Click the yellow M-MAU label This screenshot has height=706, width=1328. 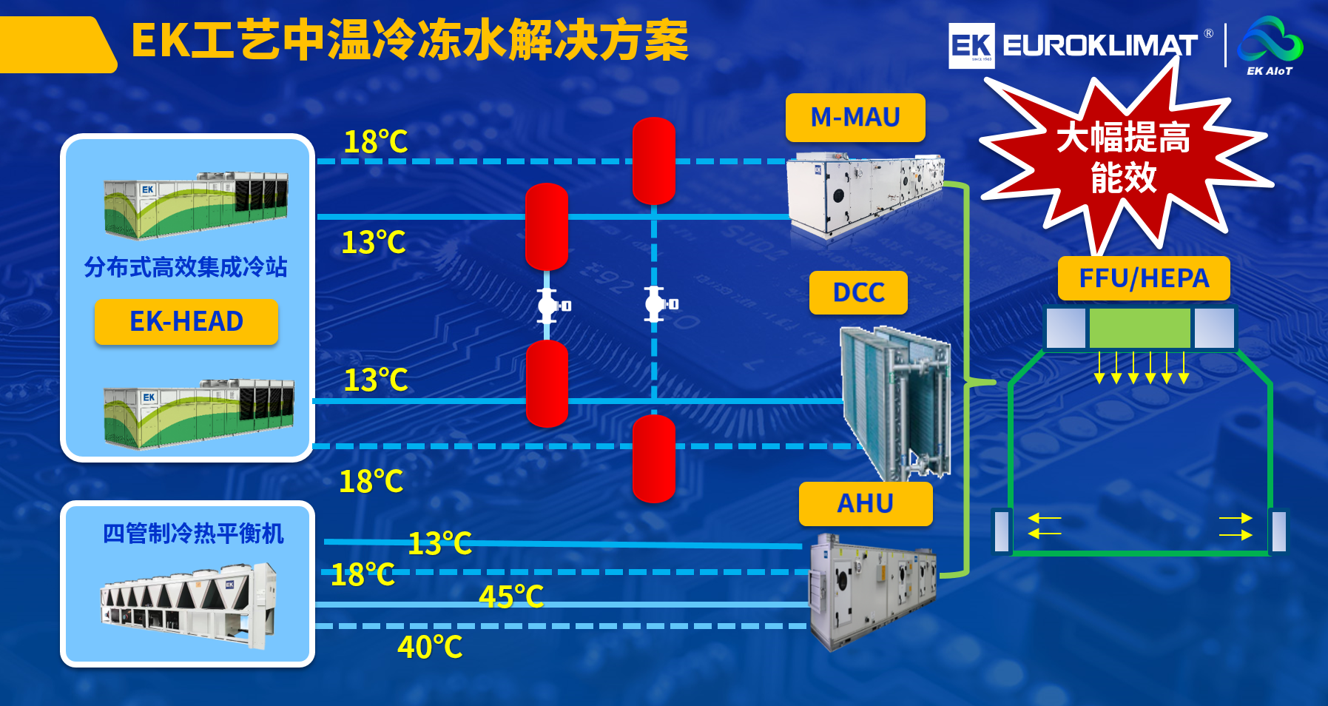(855, 118)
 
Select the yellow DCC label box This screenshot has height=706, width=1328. (858, 292)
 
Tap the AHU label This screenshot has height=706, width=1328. (865, 504)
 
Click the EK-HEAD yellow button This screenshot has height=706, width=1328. (186, 322)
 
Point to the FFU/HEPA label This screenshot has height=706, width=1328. (1144, 278)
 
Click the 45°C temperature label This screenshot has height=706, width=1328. (511, 596)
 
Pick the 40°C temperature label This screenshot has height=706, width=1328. (430, 648)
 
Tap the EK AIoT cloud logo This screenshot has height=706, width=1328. (1270, 44)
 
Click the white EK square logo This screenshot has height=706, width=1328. (971, 46)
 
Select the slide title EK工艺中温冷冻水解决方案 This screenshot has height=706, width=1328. (410, 41)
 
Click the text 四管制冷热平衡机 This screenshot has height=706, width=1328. (193, 534)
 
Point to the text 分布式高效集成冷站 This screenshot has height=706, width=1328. (186, 267)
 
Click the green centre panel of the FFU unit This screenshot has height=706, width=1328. (1139, 328)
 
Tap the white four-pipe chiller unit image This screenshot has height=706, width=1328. (189, 603)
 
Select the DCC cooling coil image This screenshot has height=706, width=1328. (896, 400)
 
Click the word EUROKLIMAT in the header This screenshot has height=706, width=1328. (1099, 46)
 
